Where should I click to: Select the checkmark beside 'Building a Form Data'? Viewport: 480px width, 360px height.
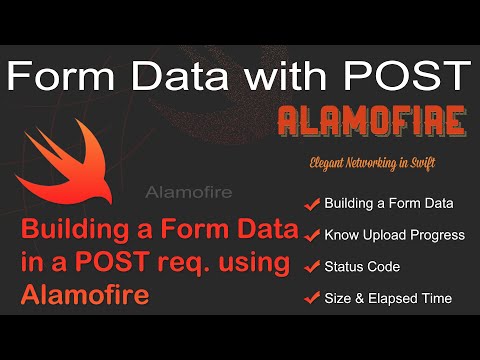pyautogui.click(x=311, y=204)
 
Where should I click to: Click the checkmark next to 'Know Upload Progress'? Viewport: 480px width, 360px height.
pyautogui.click(x=311, y=235)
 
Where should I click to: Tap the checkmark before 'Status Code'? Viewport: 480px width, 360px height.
pyautogui.click(x=311, y=267)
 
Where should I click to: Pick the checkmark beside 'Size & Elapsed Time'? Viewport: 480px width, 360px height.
pyautogui.click(x=311, y=298)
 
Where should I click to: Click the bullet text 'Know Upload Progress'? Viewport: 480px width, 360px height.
pyautogui.click(x=395, y=235)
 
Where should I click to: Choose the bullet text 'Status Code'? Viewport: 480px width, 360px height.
pyautogui.click(x=362, y=267)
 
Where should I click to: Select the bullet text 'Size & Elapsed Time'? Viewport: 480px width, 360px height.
pyautogui.click(x=388, y=298)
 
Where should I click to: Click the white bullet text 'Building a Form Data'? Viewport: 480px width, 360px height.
pyautogui.click(x=389, y=204)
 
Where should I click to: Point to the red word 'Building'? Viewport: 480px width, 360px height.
pyautogui.click(x=65, y=232)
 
